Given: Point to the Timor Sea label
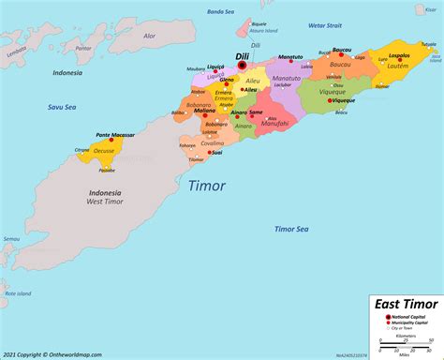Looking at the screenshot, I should (292, 229).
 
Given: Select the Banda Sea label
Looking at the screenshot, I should (220, 12).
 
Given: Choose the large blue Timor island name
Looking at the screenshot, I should (206, 185).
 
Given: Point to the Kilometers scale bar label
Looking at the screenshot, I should (407, 338).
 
